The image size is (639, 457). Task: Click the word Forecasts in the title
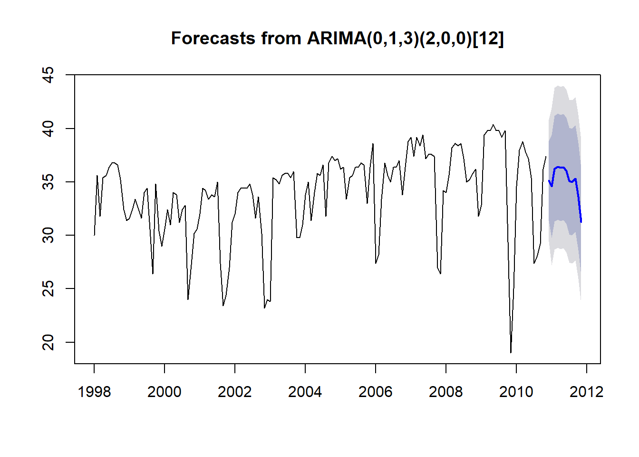click(x=213, y=38)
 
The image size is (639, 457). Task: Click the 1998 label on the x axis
click(x=94, y=392)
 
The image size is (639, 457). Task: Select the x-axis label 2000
click(x=165, y=392)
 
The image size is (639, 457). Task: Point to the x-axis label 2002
click(x=235, y=392)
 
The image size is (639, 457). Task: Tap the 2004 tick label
click(x=305, y=392)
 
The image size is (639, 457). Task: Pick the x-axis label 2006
click(x=376, y=392)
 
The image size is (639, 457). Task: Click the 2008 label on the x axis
click(x=445, y=392)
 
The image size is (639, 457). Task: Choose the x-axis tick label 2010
click(x=516, y=392)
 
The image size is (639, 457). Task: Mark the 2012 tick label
click(x=587, y=392)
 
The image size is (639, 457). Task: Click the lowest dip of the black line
click(x=511, y=353)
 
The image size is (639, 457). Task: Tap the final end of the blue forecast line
click(x=581, y=222)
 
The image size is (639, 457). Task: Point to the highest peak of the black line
click(x=493, y=125)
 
